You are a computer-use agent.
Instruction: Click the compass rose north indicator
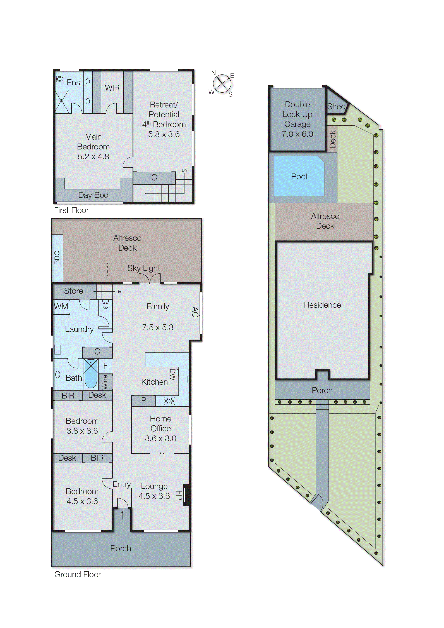pyautogui.click(x=213, y=73)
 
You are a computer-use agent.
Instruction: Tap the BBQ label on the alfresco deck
pyautogui.click(x=57, y=257)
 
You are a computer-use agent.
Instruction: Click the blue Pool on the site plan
pyautogui.click(x=299, y=176)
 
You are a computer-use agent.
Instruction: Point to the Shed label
pyautogui.click(x=336, y=107)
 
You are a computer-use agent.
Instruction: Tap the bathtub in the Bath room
pyautogui.click(x=91, y=373)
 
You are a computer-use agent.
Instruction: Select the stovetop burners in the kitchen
pyautogui.click(x=169, y=401)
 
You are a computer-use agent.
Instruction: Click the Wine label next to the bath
pyautogui.click(x=105, y=382)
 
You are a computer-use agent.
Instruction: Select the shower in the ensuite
pyautogui.click(x=62, y=101)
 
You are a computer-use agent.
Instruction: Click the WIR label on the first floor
pyautogui.click(x=112, y=88)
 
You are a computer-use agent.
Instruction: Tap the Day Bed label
pyautogui.click(x=93, y=195)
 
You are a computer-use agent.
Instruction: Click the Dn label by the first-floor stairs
pyautogui.click(x=184, y=170)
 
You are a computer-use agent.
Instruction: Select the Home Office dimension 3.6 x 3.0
pyautogui.click(x=160, y=439)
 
